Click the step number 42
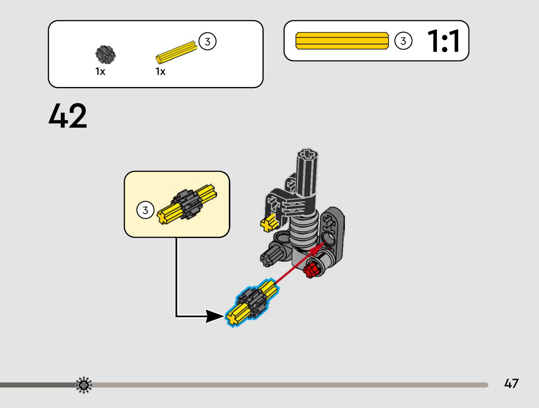pyautogui.click(x=68, y=116)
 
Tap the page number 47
pyautogui.click(x=511, y=384)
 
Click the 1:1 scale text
pyautogui.click(x=444, y=41)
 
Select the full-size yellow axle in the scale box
pyautogui.click(x=342, y=41)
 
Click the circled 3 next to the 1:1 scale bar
pyautogui.click(x=403, y=41)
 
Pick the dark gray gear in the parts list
pyautogui.click(x=106, y=55)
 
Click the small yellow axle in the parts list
pyautogui.click(x=176, y=52)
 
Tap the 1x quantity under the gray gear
pyautogui.click(x=100, y=72)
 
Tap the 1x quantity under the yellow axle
pyautogui.click(x=161, y=72)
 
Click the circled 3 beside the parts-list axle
pyautogui.click(x=207, y=42)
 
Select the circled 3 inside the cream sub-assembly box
pyautogui.click(x=145, y=210)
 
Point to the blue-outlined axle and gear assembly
pyautogui.click(x=252, y=302)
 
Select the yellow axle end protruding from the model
pyautogui.click(x=269, y=224)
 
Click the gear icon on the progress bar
pyautogui.click(x=84, y=385)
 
